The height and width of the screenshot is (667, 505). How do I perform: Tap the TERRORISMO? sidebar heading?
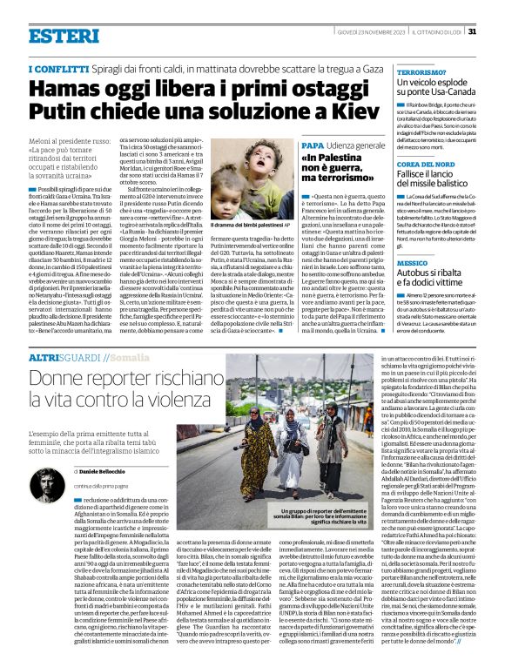click(x=421, y=73)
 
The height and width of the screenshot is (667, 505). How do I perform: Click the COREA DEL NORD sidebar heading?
click(x=428, y=165)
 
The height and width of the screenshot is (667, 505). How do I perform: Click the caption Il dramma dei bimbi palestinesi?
click(x=248, y=225)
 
